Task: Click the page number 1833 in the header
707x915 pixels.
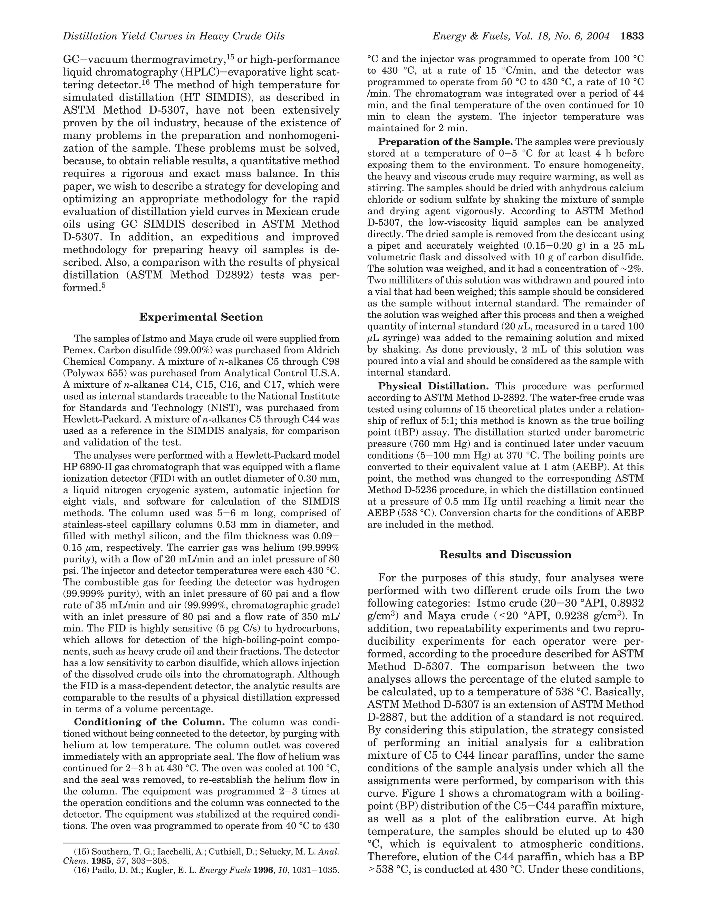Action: point(632,37)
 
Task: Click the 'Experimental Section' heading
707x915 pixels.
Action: point(201,317)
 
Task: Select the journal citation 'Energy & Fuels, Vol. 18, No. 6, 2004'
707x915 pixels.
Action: point(521,37)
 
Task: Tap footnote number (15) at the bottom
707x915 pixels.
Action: point(82,852)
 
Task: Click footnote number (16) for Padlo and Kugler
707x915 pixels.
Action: point(82,870)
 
